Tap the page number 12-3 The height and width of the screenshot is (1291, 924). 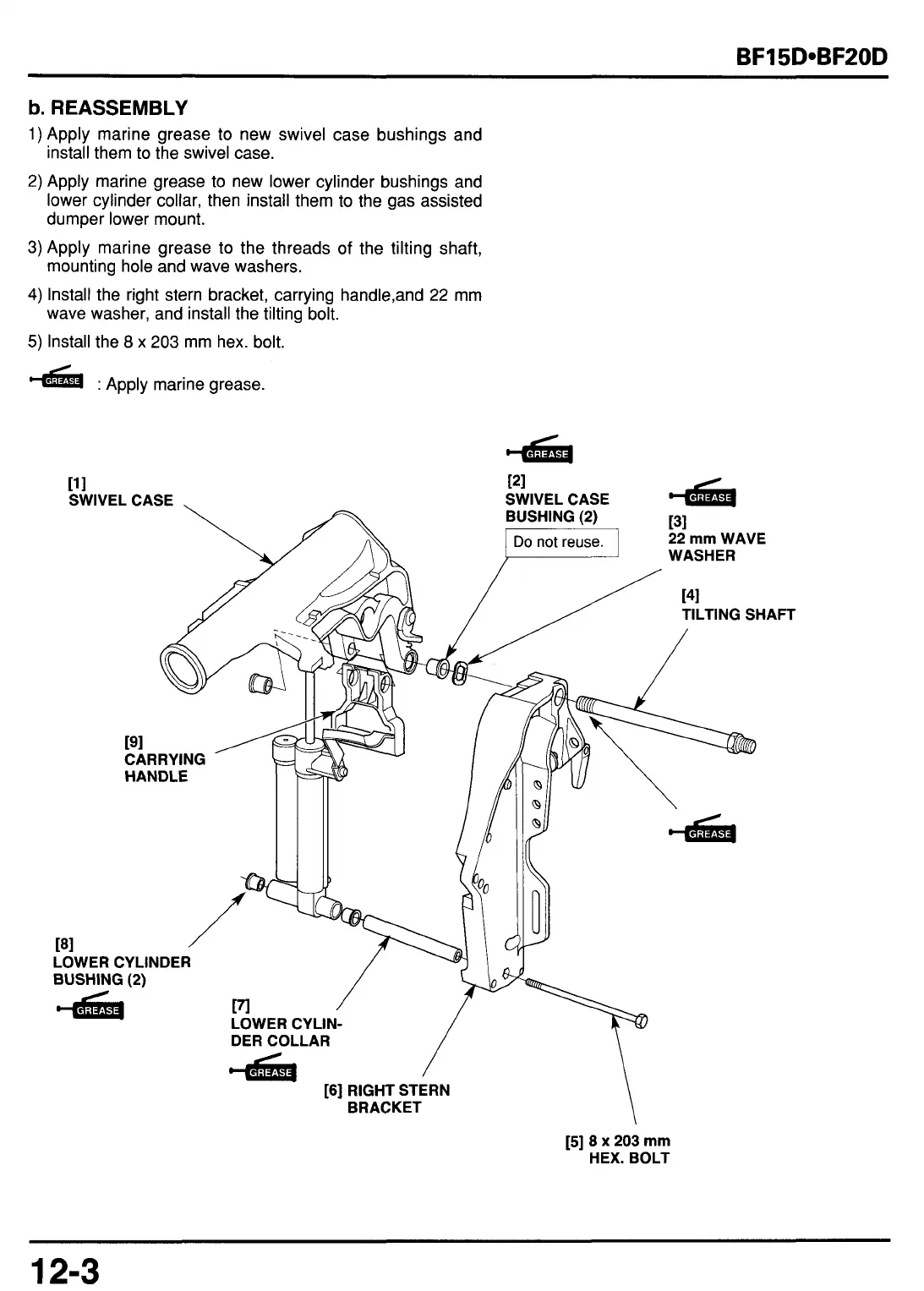pos(65,1270)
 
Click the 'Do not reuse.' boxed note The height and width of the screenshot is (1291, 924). pos(559,542)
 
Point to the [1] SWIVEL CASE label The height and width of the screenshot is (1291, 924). pos(120,492)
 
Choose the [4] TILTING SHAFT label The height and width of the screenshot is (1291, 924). pos(738,607)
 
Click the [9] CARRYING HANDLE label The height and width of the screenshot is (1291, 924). pos(164,759)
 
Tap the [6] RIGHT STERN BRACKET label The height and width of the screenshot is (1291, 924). pos(387,1098)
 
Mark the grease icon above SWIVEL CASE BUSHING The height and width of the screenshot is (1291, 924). pos(541,451)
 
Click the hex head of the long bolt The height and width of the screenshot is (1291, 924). pos(641,1020)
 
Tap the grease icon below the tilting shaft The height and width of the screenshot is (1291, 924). pos(703,830)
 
